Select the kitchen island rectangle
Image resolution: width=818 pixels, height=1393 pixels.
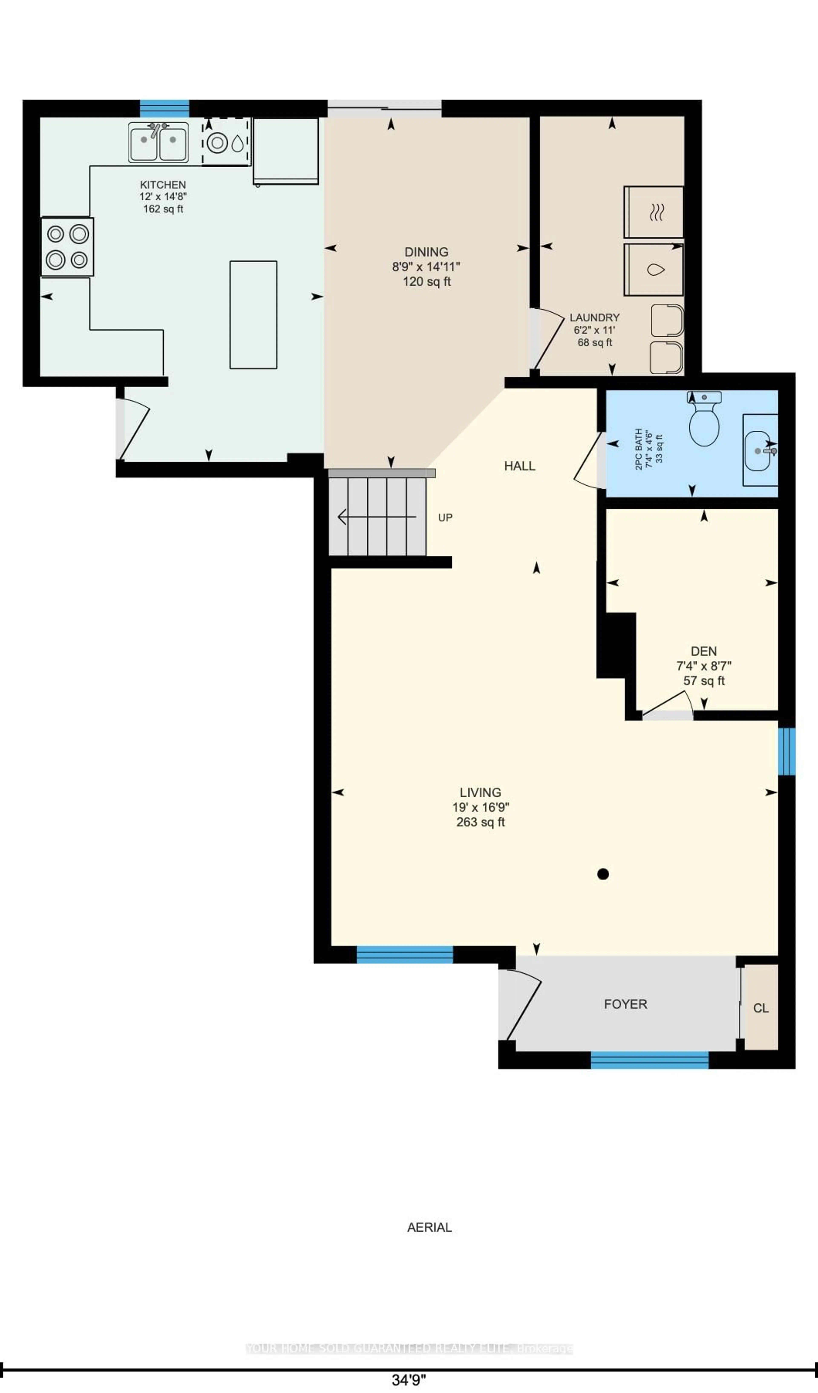pyautogui.click(x=253, y=315)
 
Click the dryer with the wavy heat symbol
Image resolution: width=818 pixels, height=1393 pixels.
pyautogui.click(x=654, y=212)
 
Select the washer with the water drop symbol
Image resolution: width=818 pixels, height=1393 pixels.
pyautogui.click(x=654, y=270)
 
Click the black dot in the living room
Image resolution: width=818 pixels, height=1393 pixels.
pyautogui.click(x=603, y=874)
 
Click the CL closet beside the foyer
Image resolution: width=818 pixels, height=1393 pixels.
pyautogui.click(x=760, y=1008)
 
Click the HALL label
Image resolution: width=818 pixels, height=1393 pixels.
pyautogui.click(x=519, y=466)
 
